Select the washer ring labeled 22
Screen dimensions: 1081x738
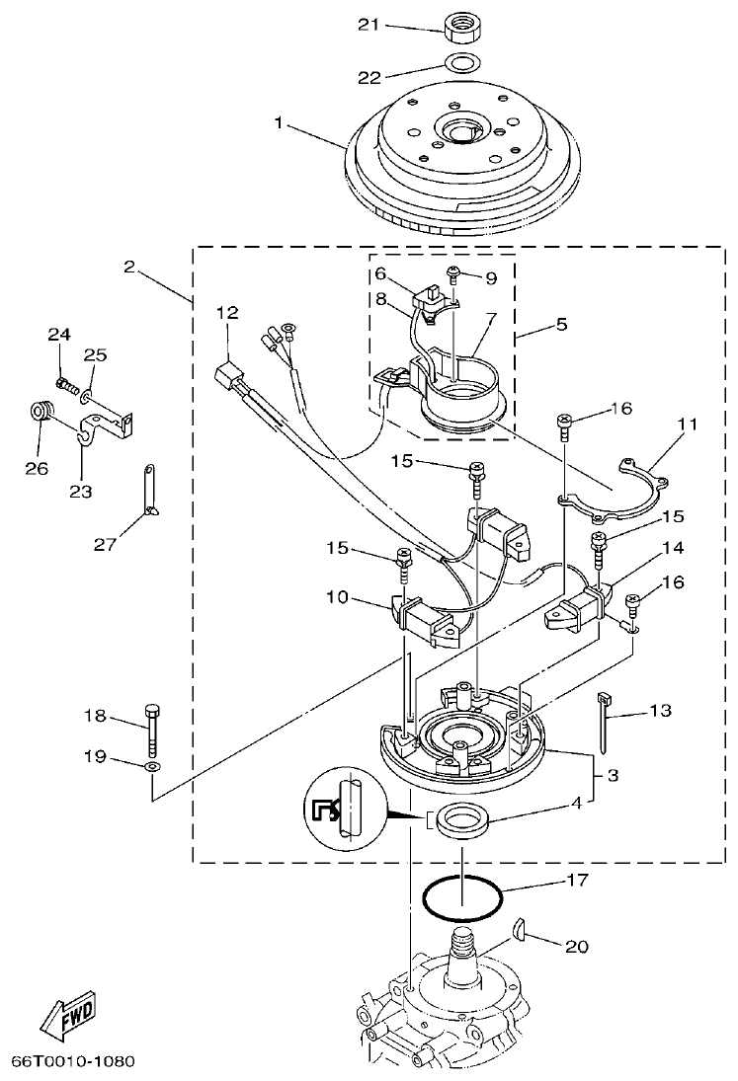point(458,65)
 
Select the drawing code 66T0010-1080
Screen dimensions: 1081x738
point(72,1062)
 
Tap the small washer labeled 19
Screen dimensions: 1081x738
point(150,766)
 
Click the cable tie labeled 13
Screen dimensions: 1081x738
point(604,722)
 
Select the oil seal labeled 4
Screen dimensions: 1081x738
point(462,821)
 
